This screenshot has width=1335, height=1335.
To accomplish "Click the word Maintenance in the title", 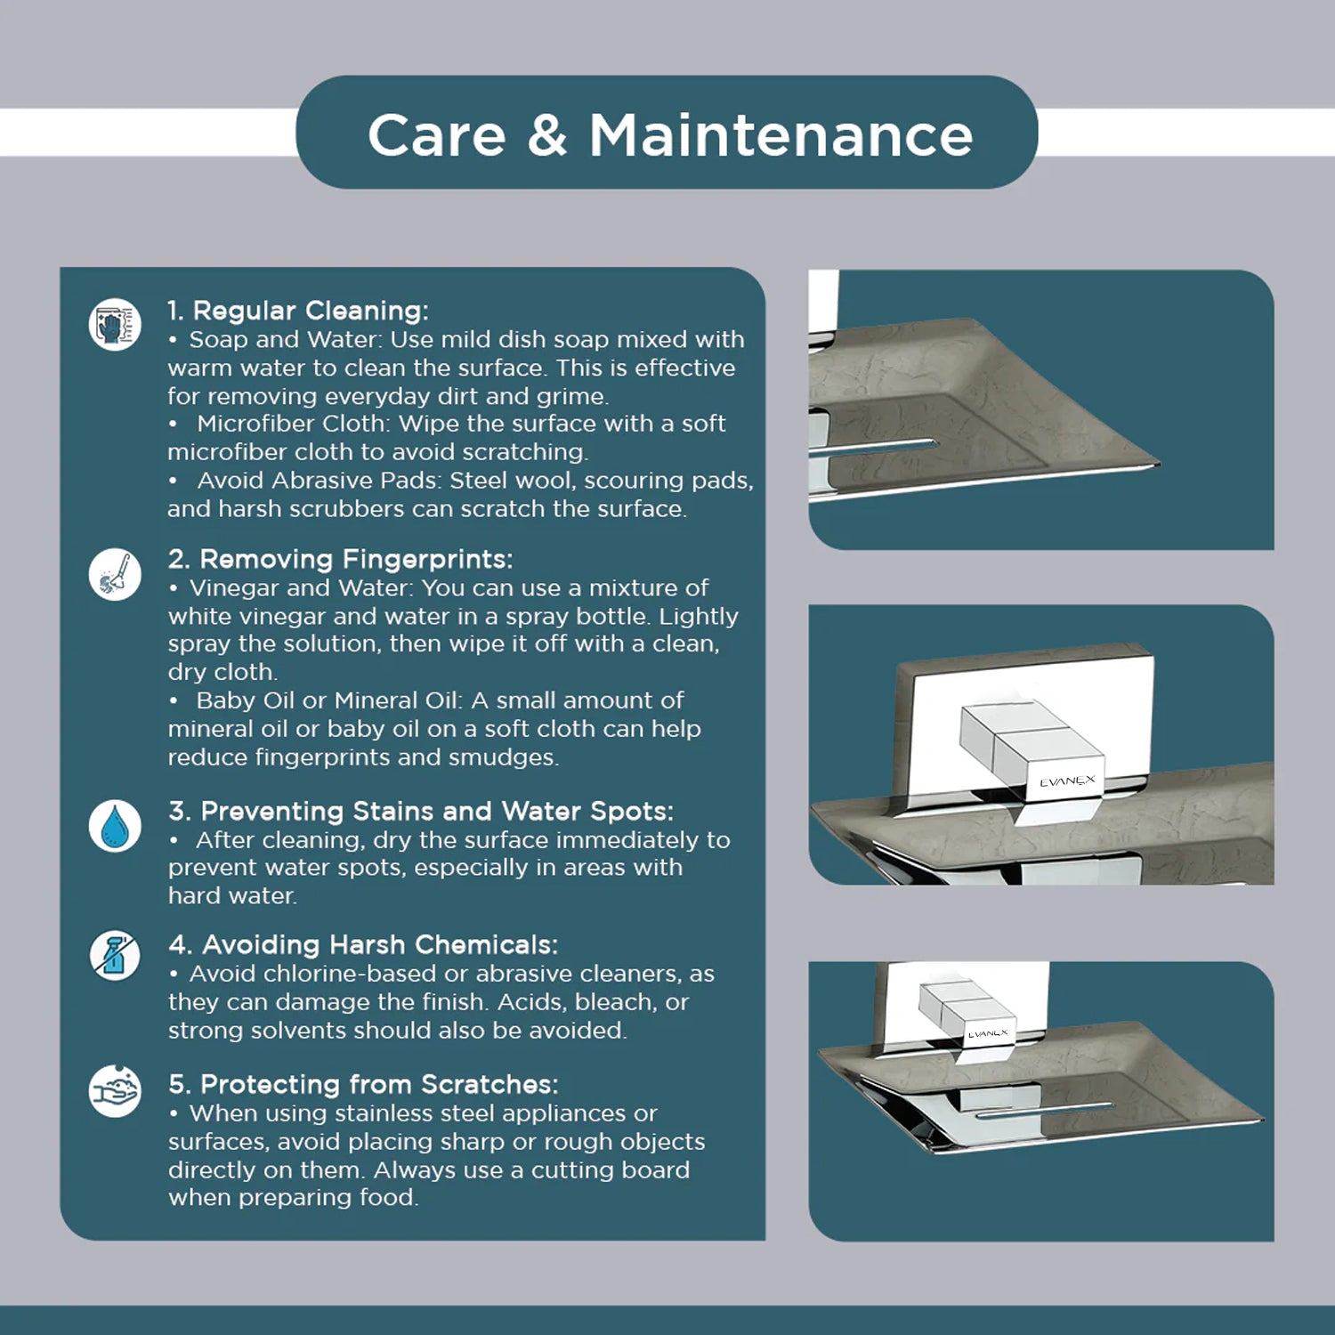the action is tap(781, 135).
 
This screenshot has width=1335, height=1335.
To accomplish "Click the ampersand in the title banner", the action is tap(546, 135).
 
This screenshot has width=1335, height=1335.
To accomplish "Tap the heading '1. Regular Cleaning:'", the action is tap(298, 311).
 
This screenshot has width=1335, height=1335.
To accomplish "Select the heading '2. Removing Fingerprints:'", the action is tap(340, 559).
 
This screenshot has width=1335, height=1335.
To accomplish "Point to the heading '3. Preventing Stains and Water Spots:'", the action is tap(421, 811).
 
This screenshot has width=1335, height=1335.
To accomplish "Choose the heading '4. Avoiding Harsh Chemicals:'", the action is tap(363, 944).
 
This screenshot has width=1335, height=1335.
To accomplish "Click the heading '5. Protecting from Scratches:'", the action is tap(363, 1084).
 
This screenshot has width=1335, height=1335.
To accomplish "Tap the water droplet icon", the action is tap(115, 826).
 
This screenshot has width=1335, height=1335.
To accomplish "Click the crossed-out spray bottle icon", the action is tap(115, 956).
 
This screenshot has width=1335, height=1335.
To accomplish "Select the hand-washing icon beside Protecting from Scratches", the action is tap(115, 1090).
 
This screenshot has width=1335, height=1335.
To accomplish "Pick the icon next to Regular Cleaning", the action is tap(115, 324).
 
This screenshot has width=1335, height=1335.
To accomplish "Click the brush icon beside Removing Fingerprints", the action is tap(115, 574).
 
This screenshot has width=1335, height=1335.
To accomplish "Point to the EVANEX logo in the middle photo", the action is tap(1067, 781).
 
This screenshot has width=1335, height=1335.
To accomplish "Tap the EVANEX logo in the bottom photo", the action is tap(988, 1034).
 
